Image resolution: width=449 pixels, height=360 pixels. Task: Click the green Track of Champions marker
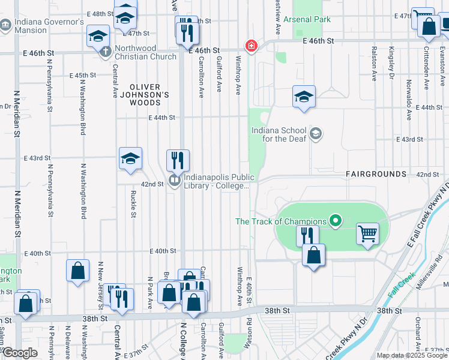point(336,222)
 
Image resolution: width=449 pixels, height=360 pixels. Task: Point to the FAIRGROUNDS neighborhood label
point(376,174)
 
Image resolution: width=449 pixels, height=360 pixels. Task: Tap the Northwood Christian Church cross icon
point(105,52)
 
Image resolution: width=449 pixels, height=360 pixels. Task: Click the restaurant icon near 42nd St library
point(178,160)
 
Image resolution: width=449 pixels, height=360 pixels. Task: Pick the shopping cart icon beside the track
point(367,233)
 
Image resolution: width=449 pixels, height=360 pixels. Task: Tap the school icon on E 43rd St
point(130,159)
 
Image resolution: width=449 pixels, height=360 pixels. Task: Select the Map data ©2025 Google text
point(412,355)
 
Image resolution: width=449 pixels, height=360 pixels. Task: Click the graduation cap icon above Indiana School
point(304,97)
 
